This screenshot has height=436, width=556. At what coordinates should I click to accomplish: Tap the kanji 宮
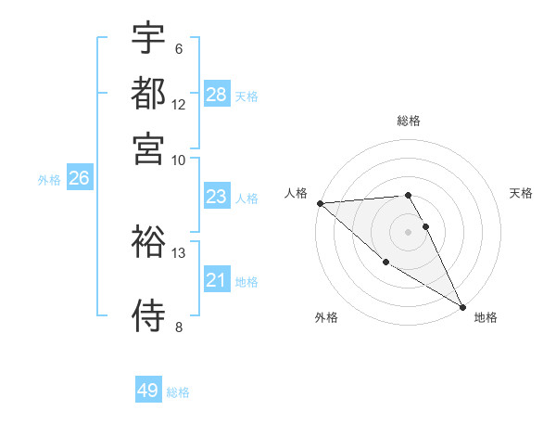click(x=148, y=147)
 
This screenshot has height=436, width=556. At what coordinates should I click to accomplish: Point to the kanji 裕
click(x=148, y=242)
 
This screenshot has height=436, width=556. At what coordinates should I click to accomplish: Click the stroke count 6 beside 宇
click(x=178, y=49)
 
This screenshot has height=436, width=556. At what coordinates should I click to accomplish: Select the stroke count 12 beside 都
click(x=179, y=104)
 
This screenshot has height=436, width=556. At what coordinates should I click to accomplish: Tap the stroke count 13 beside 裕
click(x=179, y=252)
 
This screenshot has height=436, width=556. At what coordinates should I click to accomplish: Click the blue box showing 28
click(x=217, y=95)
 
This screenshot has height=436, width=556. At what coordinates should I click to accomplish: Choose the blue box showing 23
click(x=217, y=197)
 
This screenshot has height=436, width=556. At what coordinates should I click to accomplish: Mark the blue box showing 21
click(x=217, y=280)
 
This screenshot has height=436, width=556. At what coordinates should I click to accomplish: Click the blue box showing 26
click(x=79, y=179)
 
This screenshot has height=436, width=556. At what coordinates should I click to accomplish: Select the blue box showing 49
click(x=148, y=391)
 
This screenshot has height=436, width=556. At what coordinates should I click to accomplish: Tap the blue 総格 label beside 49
click(x=178, y=392)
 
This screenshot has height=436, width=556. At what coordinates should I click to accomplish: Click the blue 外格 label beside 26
click(x=49, y=181)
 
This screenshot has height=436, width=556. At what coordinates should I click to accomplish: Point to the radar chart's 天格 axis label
click(x=521, y=193)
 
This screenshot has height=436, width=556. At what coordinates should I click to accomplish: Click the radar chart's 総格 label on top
click(x=409, y=121)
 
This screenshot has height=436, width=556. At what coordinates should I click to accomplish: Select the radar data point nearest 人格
click(x=320, y=203)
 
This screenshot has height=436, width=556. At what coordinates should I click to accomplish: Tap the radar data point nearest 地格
click(x=462, y=306)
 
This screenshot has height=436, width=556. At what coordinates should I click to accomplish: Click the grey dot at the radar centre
click(x=408, y=231)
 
